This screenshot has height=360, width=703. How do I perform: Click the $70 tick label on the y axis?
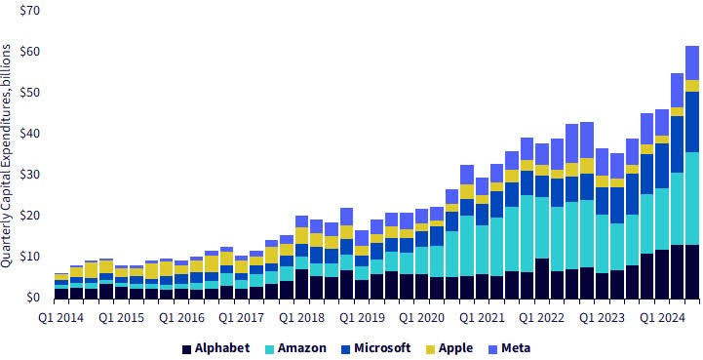[29, 10]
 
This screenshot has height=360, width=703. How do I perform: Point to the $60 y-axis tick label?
[29, 51]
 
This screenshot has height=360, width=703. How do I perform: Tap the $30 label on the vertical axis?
[29, 175]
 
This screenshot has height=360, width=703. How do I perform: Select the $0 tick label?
[32, 298]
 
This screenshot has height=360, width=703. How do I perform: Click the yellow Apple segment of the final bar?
[691, 86]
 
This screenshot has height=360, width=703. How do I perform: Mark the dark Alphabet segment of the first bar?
[61, 293]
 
